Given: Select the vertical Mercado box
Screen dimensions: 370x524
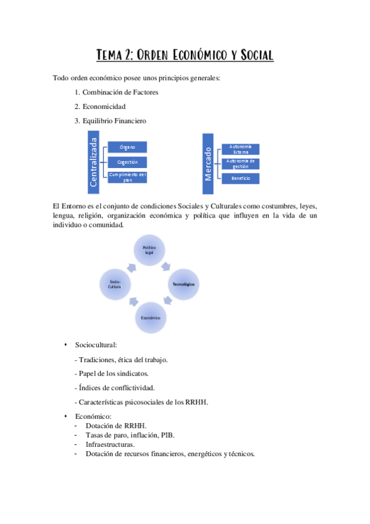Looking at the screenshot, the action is pos(208,163).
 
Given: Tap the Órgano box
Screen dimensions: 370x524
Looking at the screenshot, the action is pos(128,147).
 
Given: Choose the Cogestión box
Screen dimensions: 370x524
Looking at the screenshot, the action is pos(128,162).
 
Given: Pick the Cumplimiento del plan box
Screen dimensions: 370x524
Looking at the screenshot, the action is pos(128,177).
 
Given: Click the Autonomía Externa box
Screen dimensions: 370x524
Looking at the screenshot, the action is pos(240,149).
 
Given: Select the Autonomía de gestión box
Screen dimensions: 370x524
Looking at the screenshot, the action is pos(240,164).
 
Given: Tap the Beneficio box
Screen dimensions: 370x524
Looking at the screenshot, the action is pos(240,179).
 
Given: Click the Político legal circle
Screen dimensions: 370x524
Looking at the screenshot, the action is pos(150,250).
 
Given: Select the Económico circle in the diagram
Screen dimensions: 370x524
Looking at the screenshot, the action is pos(150,317).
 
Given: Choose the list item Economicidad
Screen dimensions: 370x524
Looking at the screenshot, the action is pos(104,106).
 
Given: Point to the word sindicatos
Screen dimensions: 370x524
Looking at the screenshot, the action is pos(132,374).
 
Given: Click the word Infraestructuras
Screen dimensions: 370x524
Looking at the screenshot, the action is pos(110,444).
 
